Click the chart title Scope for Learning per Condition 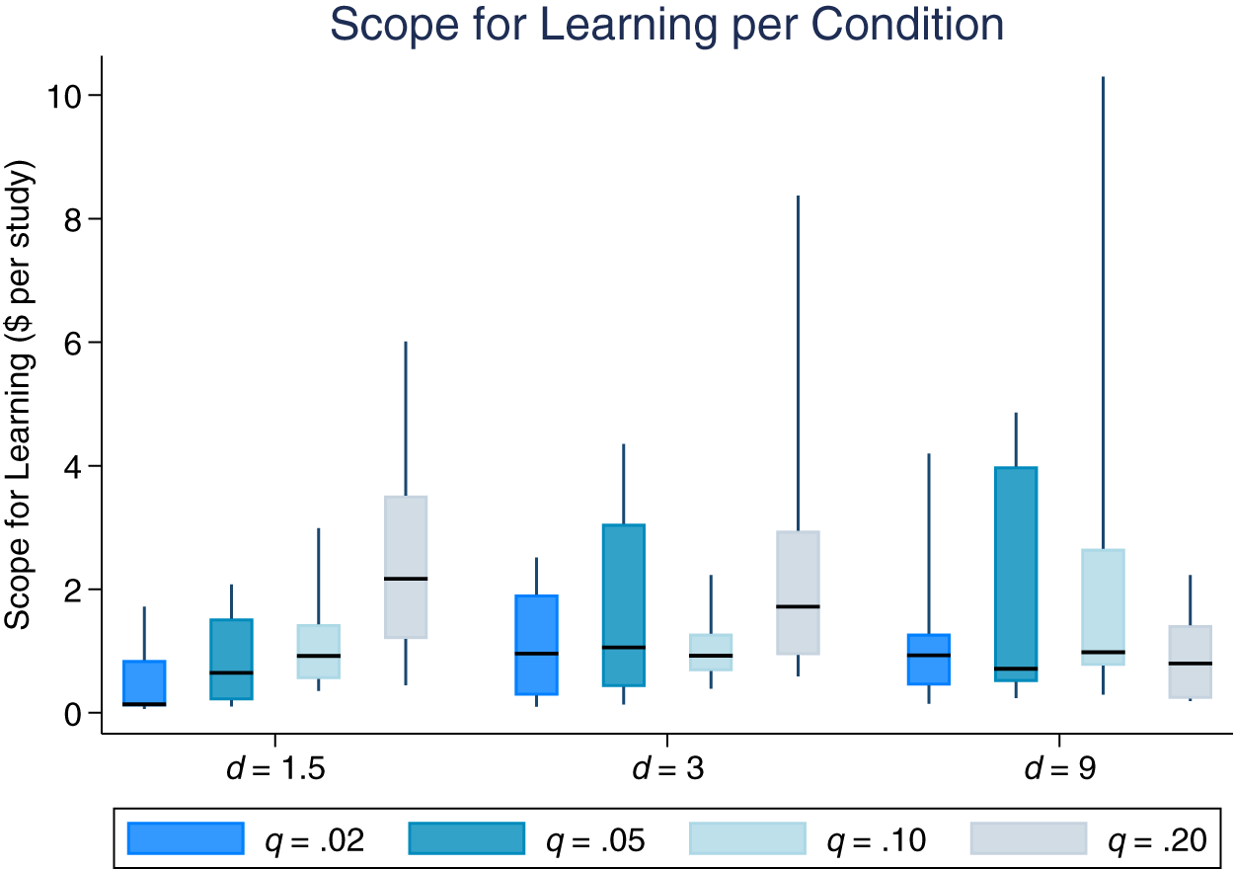coord(666,25)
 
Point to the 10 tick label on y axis coord(69,96)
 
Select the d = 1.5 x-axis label coord(275,769)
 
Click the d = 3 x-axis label coord(667,769)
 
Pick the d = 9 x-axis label coord(1059,769)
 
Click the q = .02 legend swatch coord(186,838)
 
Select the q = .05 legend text coord(594,840)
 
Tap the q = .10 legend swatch coord(746,838)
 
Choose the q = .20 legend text coord(1156,840)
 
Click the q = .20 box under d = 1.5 coord(406,567)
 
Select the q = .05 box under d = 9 coord(1016,574)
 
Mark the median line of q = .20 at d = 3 coord(798,606)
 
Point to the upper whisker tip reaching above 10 coord(1103,78)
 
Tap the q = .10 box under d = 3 coord(711,652)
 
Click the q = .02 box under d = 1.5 coord(144,682)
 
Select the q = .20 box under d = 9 coord(1191,662)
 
